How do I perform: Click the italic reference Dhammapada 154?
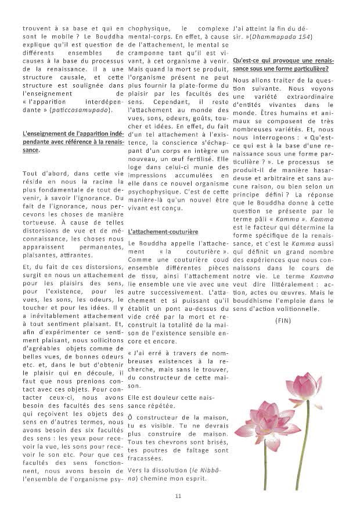click(x=290, y=37)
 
